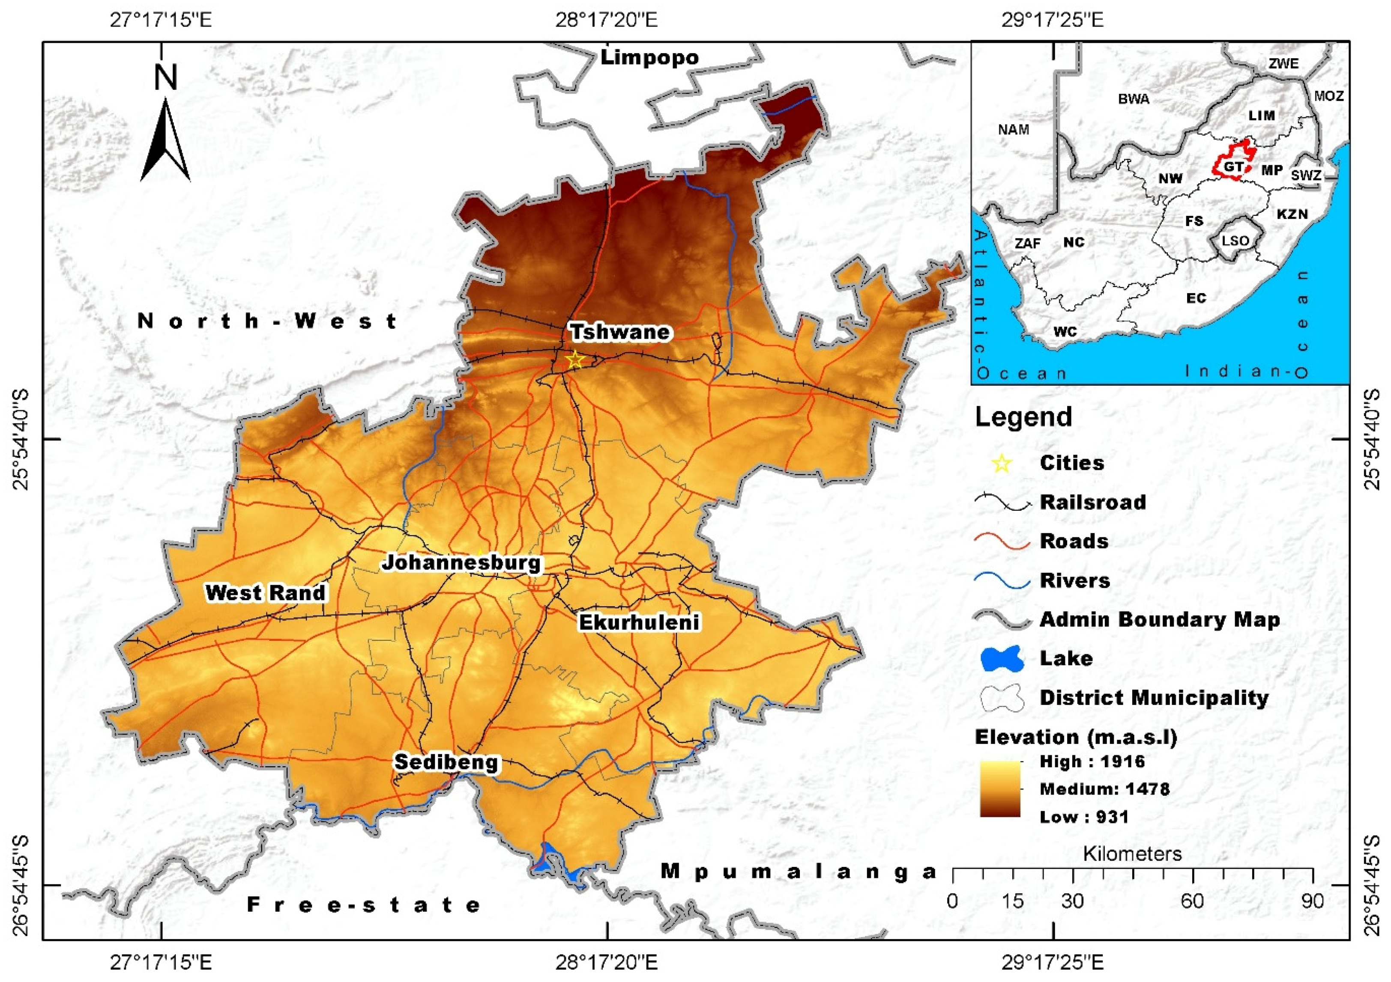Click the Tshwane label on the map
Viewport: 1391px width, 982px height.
[619, 332]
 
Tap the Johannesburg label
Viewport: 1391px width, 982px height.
[461, 562]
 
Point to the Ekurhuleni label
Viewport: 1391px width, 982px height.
[639, 622]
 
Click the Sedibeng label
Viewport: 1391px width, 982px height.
[446, 761]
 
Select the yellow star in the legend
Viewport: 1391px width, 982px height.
[1002, 464]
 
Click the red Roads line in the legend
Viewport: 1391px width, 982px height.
[1002, 542]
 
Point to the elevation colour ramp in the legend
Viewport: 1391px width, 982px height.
[999, 789]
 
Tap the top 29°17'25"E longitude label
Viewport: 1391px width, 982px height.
[1052, 20]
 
